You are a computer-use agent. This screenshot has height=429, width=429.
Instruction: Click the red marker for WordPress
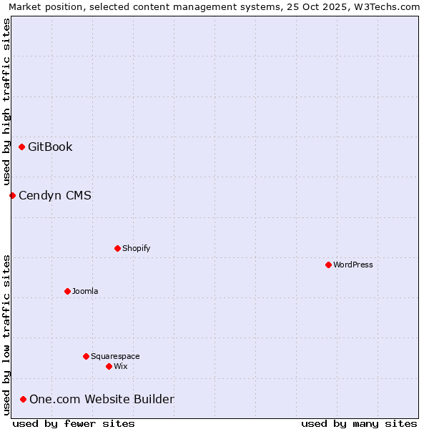328,265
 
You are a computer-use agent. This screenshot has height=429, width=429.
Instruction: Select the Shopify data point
117,248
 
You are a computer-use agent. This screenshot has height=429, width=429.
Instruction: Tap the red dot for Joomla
67,291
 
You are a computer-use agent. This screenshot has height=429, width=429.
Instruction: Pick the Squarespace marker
86,356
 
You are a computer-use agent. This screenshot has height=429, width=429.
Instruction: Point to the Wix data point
109,366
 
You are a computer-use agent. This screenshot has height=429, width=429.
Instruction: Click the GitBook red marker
21,147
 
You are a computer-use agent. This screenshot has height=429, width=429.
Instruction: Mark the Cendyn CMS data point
12,195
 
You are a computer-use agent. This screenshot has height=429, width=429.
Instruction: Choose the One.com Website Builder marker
23,399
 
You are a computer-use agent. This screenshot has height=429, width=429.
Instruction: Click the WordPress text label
353,265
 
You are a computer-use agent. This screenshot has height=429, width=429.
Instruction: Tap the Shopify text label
136,248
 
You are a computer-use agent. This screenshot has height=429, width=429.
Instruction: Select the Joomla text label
85,291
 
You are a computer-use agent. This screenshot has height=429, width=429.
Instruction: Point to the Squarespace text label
115,356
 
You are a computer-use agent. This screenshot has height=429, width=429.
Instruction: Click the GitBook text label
50,147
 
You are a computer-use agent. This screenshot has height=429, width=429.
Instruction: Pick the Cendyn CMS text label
55,195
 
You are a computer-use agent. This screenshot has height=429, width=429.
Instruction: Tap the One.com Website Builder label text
102,399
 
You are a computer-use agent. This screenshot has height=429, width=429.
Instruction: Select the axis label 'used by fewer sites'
74,423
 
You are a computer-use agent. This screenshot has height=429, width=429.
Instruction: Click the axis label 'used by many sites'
359,423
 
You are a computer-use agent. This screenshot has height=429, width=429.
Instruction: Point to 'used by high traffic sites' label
6,102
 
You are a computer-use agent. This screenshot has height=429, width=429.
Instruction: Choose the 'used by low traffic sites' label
6,334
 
